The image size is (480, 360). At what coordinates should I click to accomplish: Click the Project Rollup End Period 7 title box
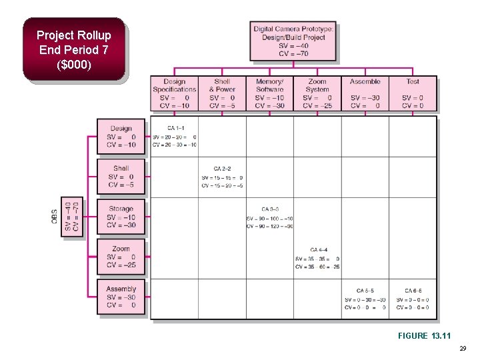point(73,50)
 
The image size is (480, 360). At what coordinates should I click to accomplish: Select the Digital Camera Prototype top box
point(293,41)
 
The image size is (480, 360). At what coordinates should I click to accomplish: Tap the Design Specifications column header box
point(174,93)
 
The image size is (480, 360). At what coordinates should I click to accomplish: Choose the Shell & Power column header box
point(222,93)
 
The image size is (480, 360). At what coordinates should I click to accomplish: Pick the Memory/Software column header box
point(269,93)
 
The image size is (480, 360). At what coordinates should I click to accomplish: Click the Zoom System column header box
point(317,93)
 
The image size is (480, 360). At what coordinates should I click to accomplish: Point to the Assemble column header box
point(365,93)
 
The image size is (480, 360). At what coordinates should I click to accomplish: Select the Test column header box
point(413,93)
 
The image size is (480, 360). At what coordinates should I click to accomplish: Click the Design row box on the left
point(121,137)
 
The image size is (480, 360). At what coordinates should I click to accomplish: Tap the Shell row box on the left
point(121,176)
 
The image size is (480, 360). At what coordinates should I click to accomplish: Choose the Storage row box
point(121,217)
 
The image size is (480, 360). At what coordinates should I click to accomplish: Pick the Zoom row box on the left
point(121,257)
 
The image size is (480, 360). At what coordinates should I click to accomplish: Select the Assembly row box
point(121,297)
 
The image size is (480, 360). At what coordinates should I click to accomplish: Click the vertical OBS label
point(55,217)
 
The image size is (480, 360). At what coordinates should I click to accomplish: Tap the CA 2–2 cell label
point(222,169)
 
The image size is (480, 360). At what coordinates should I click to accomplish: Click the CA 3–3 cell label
point(269,209)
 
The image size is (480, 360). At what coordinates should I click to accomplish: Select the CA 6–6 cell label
point(413,291)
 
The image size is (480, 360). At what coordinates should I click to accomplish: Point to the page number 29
point(463,349)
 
